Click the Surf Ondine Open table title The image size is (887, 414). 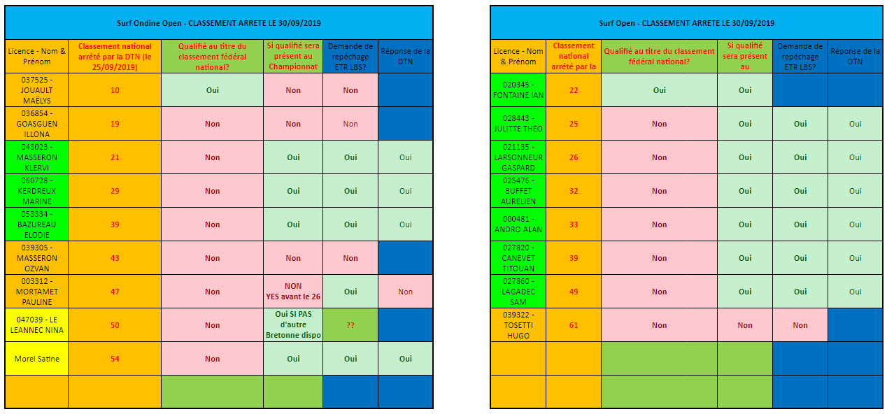[x=218, y=23]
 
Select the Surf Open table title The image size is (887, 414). [x=686, y=23]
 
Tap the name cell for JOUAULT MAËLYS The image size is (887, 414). [x=36, y=90]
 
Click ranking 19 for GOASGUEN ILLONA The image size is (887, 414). [x=115, y=124]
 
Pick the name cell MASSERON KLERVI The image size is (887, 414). [x=36, y=157]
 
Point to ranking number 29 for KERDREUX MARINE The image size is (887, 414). [x=115, y=191]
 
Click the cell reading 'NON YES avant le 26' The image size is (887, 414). [x=293, y=292]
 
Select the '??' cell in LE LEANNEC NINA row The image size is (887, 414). [x=350, y=325]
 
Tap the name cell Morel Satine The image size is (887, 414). [x=36, y=359]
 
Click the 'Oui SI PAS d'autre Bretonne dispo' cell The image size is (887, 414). [x=293, y=325]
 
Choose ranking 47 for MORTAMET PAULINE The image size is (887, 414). [x=115, y=292]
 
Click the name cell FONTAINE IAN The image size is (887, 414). [x=518, y=90]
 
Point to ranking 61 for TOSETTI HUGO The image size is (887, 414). [x=574, y=325]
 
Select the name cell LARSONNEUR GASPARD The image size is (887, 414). [x=518, y=157]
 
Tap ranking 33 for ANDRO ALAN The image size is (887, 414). [x=574, y=224]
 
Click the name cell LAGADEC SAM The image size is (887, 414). [x=518, y=292]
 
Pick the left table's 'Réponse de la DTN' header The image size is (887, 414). [x=406, y=56]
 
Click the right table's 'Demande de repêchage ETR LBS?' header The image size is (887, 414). [x=800, y=56]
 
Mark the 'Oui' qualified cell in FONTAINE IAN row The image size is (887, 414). [x=659, y=90]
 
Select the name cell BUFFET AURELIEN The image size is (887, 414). [x=518, y=191]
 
